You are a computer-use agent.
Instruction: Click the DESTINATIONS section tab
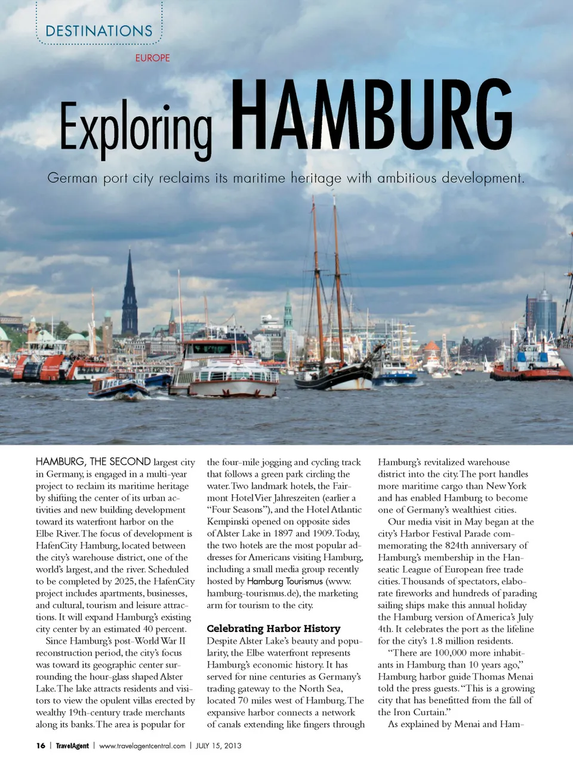pos(99,31)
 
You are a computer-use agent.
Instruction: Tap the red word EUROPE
pos(152,58)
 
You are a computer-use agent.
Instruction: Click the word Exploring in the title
pos(135,128)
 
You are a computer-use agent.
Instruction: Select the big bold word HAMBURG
pos(371,114)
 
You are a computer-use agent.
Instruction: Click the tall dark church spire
pos(130,295)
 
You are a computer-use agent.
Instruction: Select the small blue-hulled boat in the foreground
pos(118,388)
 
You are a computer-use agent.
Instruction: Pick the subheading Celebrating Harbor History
pos(273,628)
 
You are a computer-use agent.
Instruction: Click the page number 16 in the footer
pos(41,746)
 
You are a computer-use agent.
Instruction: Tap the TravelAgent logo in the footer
pos(72,746)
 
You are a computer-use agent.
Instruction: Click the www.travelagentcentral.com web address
pos(142,746)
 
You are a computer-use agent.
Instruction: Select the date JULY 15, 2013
pos(218,746)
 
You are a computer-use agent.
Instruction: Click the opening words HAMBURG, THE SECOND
pos(93,461)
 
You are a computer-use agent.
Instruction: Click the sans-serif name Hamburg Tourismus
pos(285,581)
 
